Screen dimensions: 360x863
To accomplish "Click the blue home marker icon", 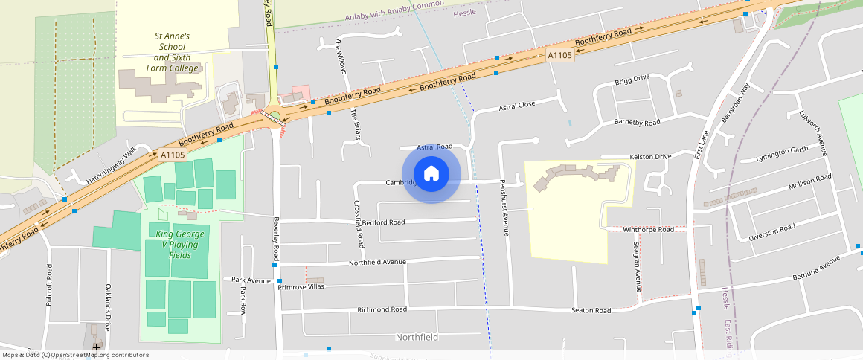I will coord(431,175).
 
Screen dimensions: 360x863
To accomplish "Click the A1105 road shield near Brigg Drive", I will coord(559,55).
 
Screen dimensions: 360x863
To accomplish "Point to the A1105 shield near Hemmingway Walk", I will coord(172,155).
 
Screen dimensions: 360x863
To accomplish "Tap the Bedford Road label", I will coord(383,222).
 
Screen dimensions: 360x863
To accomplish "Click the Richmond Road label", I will coord(382,309).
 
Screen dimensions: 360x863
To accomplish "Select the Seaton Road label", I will coord(591,310).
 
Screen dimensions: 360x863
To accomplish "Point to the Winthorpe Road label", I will coord(648,230).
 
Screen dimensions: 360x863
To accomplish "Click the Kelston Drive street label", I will coord(650,157).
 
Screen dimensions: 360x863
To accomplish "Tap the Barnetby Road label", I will coord(637,123).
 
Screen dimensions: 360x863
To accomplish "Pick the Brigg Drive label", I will coord(632,79).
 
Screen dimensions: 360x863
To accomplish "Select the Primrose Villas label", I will coord(301,286).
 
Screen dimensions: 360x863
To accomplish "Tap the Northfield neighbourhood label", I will coord(417,337).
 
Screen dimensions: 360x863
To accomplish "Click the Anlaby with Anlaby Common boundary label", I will coord(394,11).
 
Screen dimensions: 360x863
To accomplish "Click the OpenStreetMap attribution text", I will coord(76,355).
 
